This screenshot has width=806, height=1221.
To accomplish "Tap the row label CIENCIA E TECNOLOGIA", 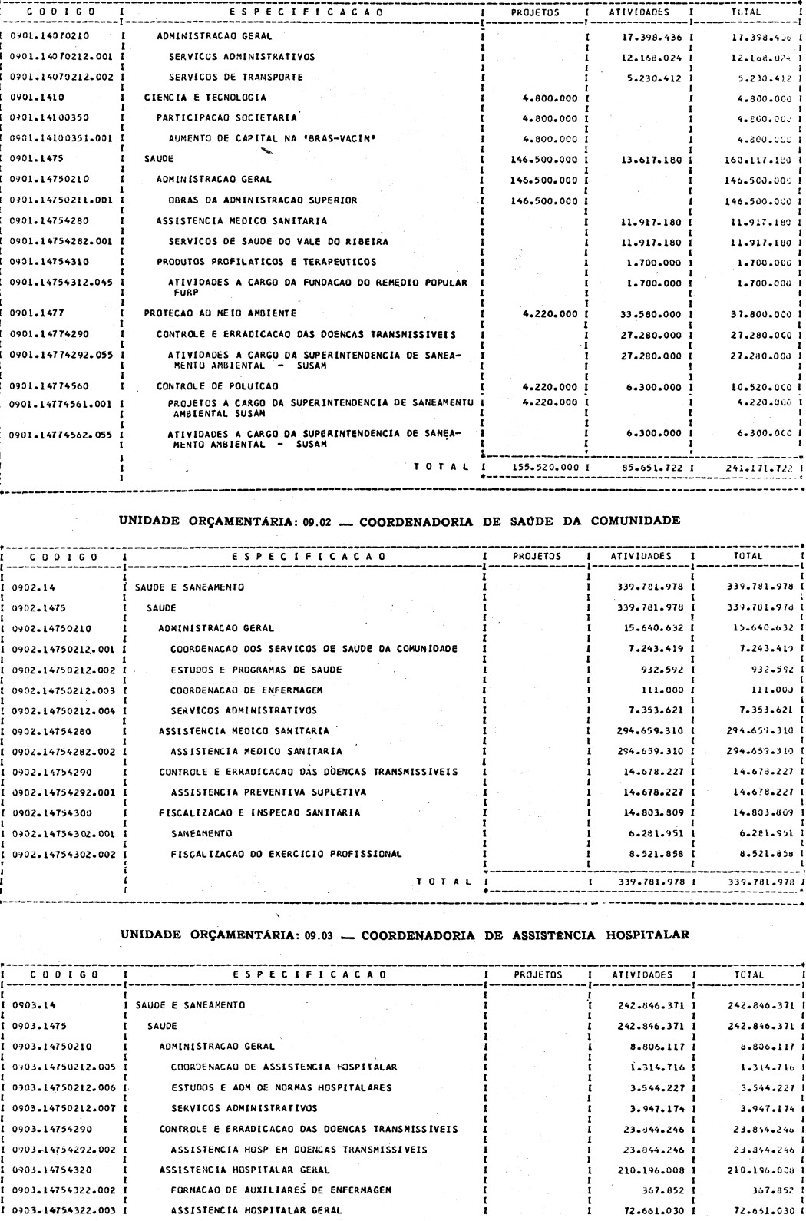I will [x=205, y=98].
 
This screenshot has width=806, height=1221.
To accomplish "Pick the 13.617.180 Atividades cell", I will [x=649, y=160].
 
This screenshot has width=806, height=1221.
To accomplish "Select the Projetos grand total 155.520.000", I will [x=544, y=466].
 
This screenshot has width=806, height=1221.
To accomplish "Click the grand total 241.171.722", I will [x=759, y=466].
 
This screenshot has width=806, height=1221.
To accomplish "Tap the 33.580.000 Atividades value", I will [x=649, y=313].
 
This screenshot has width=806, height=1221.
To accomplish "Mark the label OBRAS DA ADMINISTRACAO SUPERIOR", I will [x=262, y=200].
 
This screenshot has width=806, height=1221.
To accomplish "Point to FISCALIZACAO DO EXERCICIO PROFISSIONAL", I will [x=286, y=853].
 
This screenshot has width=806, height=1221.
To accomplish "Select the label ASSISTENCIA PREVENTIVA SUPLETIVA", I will [x=268, y=792].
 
